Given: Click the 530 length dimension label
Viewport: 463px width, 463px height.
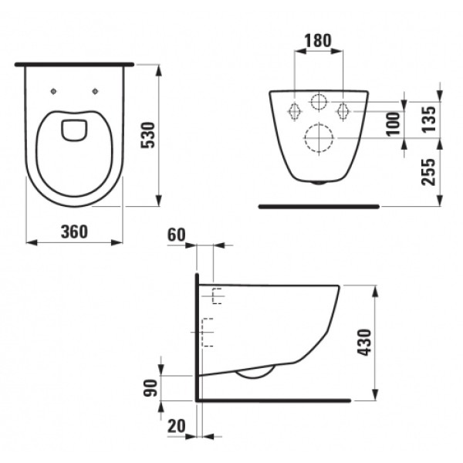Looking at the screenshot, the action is [148, 135].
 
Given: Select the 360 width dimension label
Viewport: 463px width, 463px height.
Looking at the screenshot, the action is [74, 231].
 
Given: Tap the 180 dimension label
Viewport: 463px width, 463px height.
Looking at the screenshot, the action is [318, 41].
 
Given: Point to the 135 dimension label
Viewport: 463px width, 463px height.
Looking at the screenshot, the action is [429, 120].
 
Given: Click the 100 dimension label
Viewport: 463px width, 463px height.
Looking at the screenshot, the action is [394, 123].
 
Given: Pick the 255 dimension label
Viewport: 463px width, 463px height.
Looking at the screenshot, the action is [429, 172].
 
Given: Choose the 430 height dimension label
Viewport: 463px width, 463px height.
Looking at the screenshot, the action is [364, 343].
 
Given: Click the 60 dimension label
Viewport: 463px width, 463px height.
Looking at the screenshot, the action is [177, 235].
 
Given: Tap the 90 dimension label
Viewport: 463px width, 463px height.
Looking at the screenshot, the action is [150, 387].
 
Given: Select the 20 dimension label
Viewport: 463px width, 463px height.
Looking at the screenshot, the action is [177, 426].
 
